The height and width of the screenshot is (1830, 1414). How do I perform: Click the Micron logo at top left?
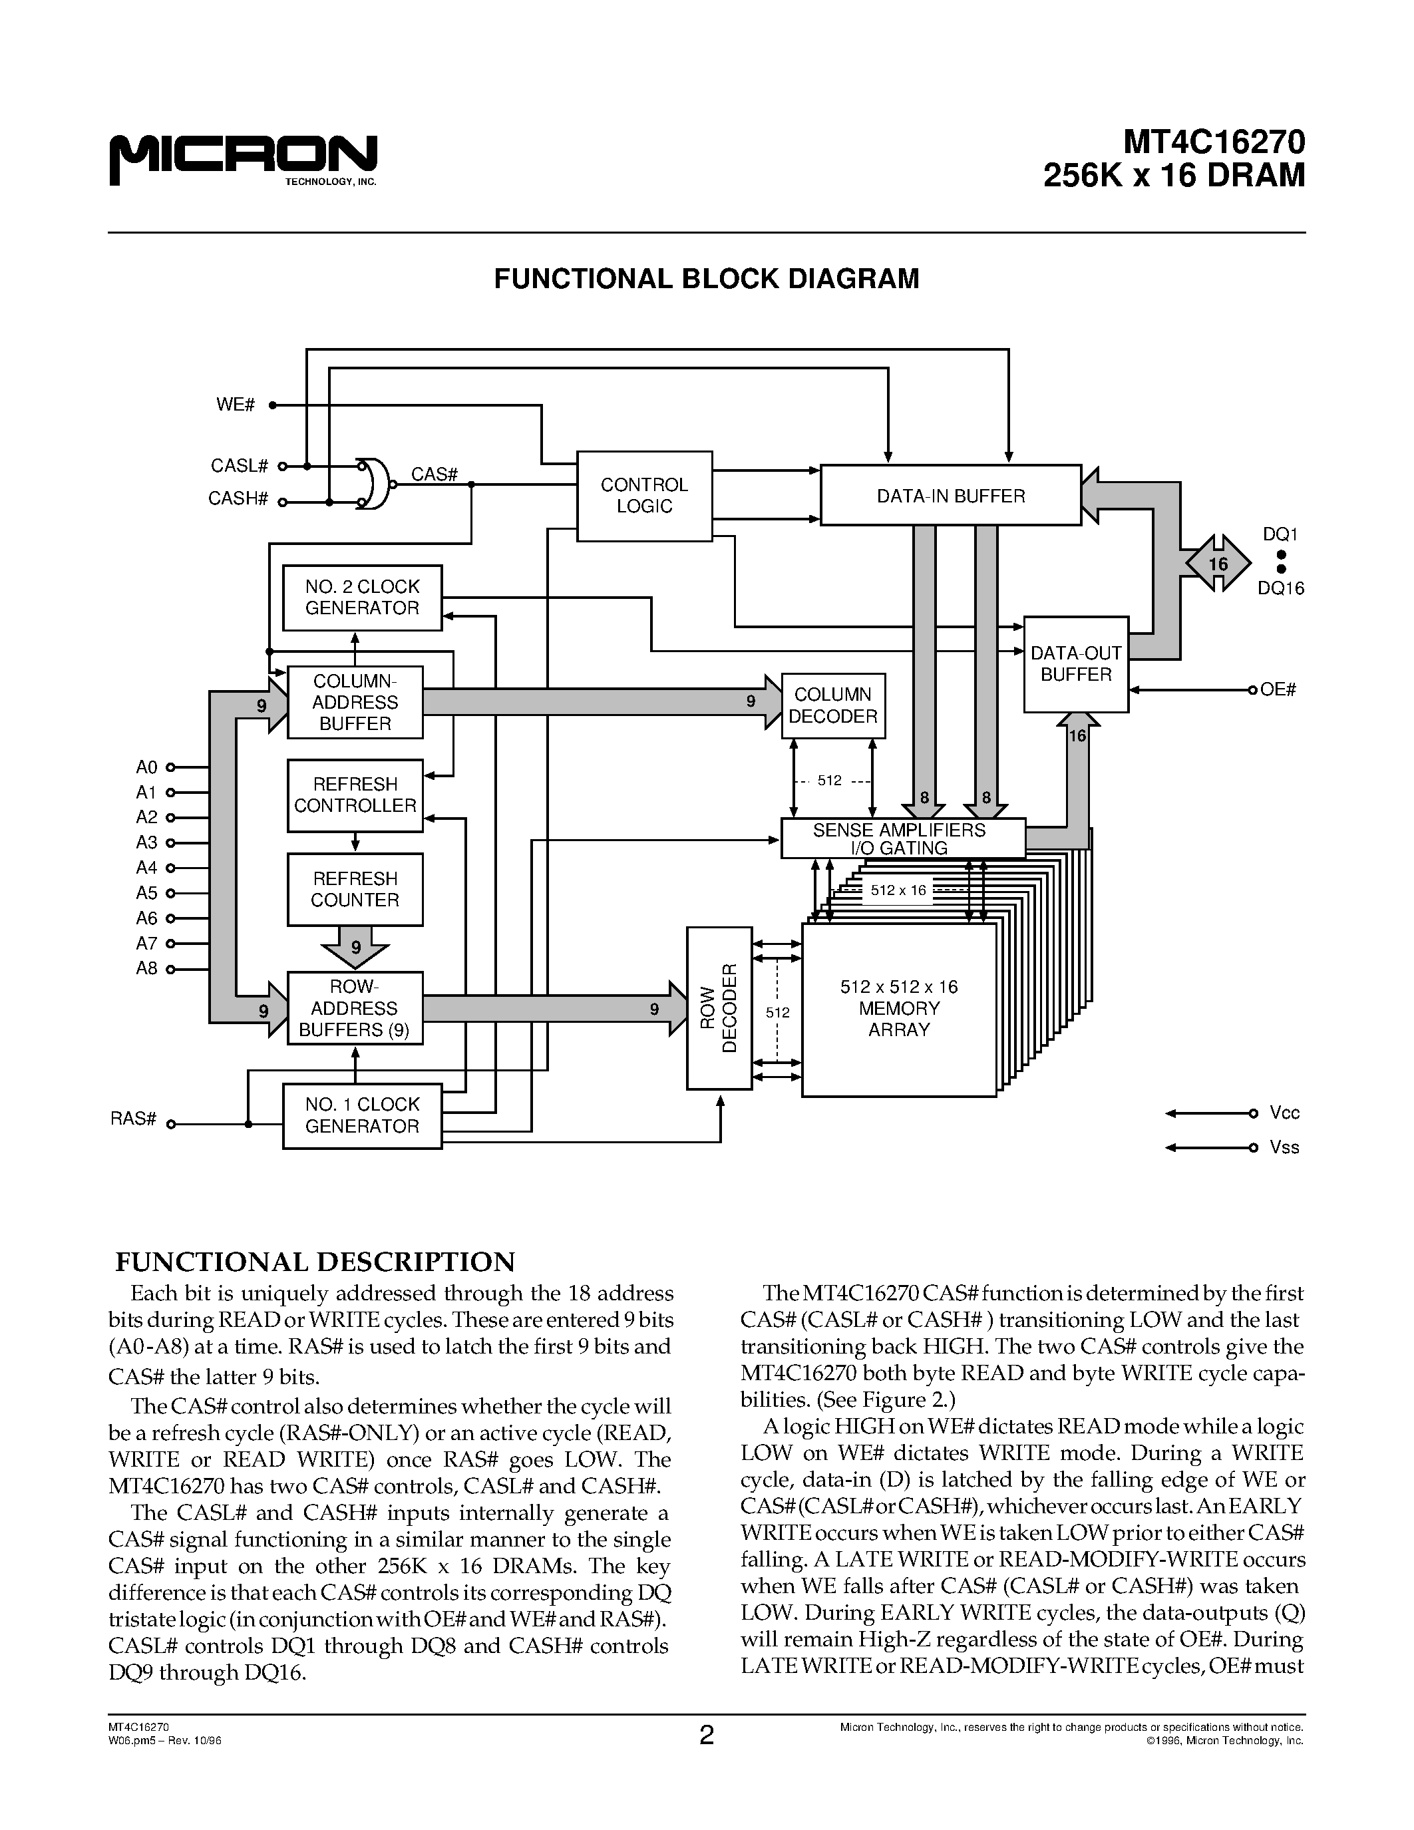[x=243, y=159]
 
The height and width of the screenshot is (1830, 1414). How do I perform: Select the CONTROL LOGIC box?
[x=644, y=496]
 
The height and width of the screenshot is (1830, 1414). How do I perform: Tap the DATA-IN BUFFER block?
[x=950, y=495]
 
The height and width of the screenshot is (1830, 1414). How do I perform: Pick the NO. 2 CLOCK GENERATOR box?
[x=362, y=598]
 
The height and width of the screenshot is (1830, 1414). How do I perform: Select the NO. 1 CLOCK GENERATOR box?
[x=362, y=1115]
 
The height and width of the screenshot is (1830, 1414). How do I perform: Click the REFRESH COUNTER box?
[x=355, y=889]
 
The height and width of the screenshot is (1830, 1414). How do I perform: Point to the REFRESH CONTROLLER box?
[x=355, y=795]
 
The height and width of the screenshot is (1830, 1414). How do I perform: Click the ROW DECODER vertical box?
[x=719, y=1008]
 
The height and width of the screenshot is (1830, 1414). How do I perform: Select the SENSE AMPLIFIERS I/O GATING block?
[x=902, y=838]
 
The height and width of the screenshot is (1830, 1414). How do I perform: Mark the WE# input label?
[x=236, y=405]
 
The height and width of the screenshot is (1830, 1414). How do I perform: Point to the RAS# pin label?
[x=134, y=1119]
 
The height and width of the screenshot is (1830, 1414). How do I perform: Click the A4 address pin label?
[x=146, y=867]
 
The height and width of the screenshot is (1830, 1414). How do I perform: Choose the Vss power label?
[x=1284, y=1147]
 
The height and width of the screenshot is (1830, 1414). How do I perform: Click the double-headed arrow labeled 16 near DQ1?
[x=1218, y=563]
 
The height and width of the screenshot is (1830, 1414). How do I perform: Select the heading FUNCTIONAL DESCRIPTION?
[x=314, y=1262]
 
